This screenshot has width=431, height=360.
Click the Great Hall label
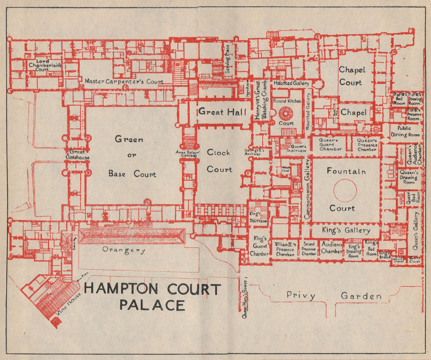pos(222,112)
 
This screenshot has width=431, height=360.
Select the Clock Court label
pos(219,161)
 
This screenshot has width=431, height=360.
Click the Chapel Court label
pos(352,76)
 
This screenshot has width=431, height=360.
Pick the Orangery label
pos(123,250)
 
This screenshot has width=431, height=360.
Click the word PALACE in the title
pos(152,305)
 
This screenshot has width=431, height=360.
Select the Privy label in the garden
pos(301,296)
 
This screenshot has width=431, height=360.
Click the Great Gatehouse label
pos(78,155)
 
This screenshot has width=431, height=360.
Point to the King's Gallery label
pos(346,231)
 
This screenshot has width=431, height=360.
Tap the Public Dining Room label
pos(405,132)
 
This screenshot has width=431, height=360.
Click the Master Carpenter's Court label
pos(124,81)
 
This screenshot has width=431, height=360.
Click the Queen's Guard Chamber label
pos(331,144)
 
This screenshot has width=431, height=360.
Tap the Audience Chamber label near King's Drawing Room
pos(332,247)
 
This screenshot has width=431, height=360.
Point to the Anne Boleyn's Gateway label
pos(186,154)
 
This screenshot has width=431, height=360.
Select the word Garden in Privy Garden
pos(361,296)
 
